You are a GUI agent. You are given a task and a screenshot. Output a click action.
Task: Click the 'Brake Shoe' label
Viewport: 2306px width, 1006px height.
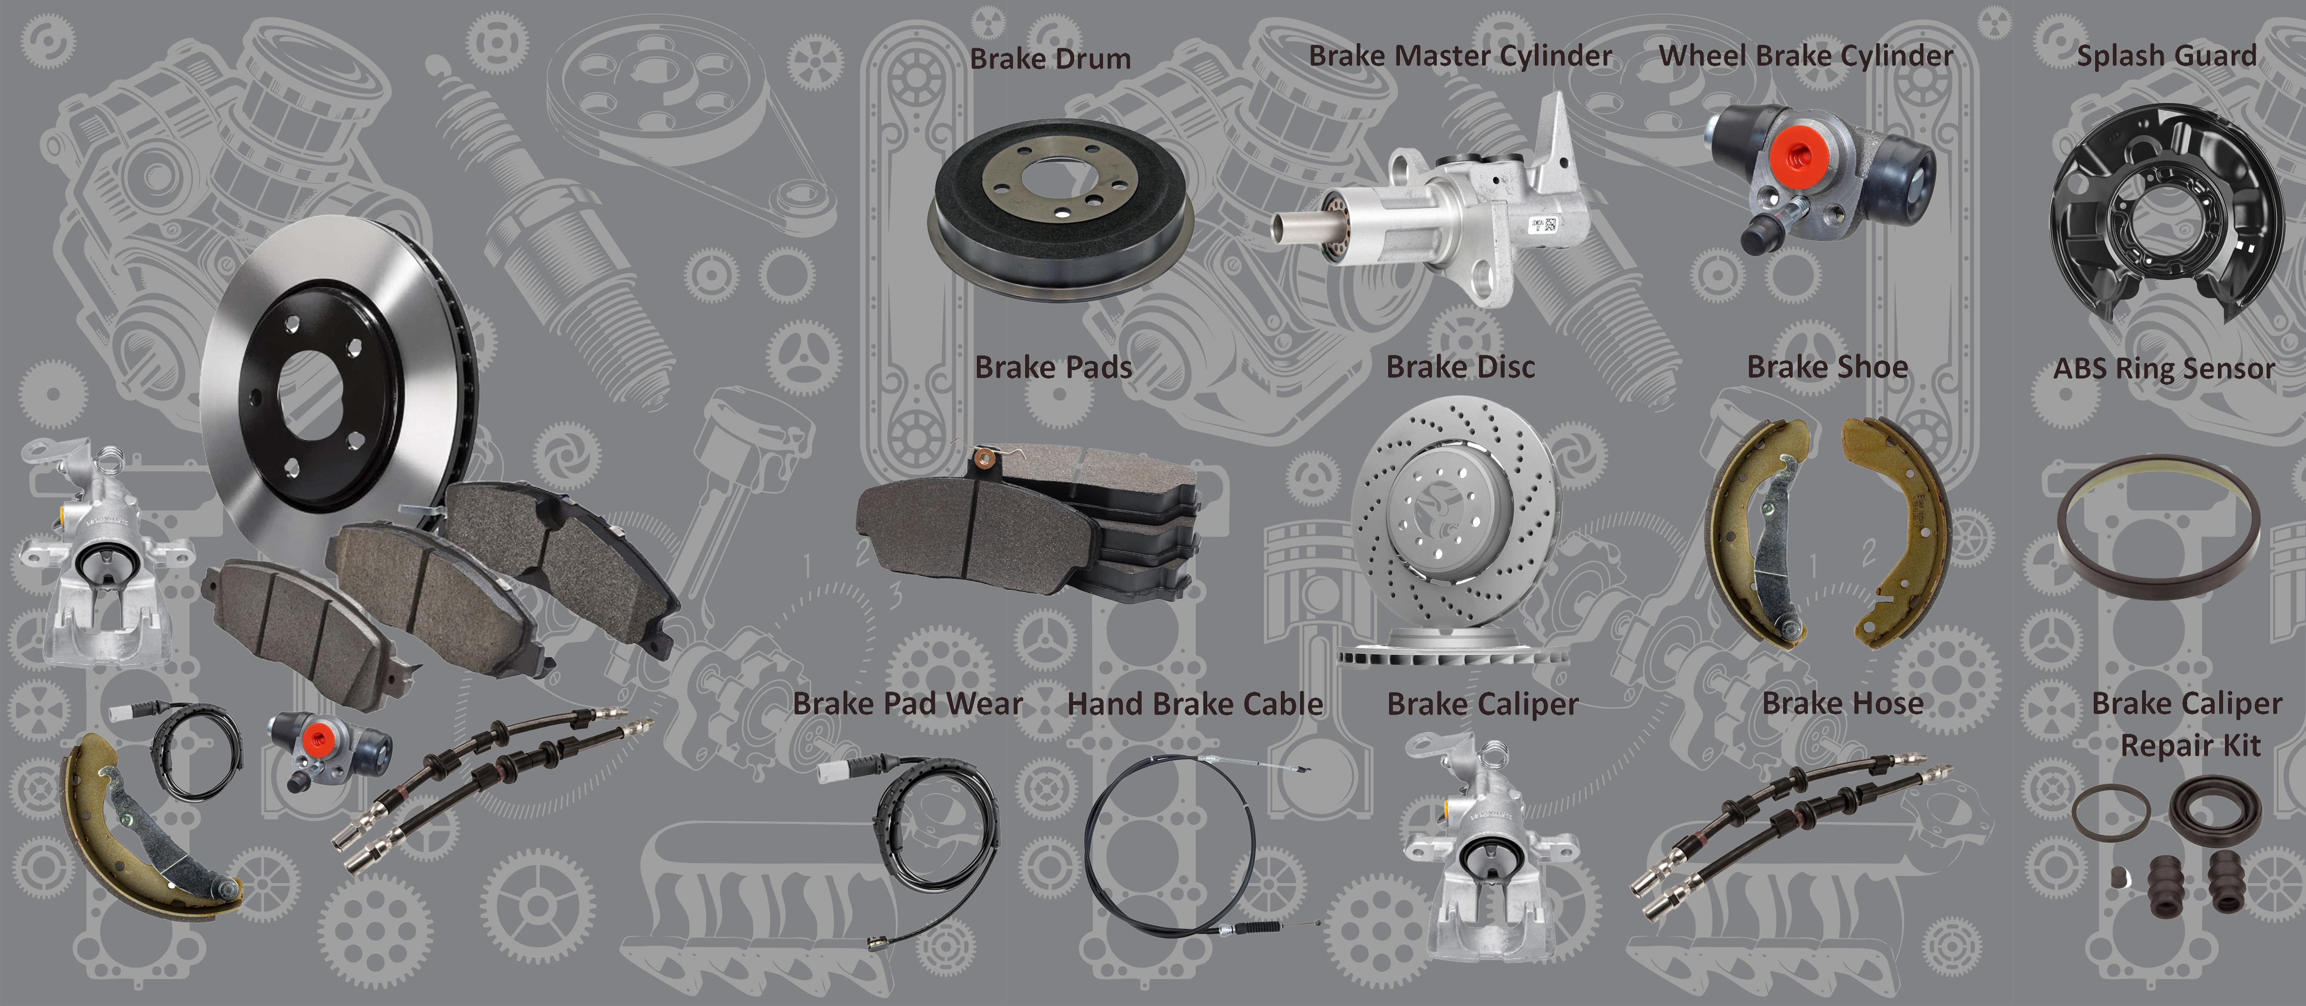[1827, 367]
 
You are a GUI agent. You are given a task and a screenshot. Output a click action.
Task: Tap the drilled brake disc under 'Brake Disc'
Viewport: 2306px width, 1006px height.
[1455, 519]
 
